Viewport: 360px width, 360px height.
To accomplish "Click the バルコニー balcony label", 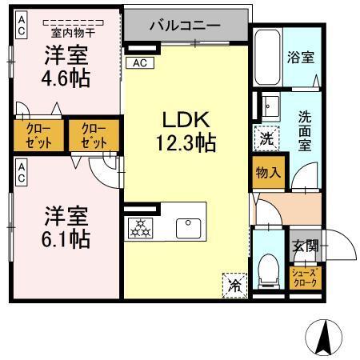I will (185, 26).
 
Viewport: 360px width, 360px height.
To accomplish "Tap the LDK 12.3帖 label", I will (186, 132).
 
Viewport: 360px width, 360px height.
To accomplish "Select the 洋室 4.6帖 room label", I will (66, 67).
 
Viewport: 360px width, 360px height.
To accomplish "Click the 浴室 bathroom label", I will (300, 58).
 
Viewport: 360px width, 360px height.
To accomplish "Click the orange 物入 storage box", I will (268, 172).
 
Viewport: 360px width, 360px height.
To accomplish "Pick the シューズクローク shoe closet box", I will (305, 278).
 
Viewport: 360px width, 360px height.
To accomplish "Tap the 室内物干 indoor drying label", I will (66, 33).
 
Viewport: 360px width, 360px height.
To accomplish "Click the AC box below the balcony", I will (140, 62).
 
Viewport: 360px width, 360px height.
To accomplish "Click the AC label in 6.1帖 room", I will (21, 171).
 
